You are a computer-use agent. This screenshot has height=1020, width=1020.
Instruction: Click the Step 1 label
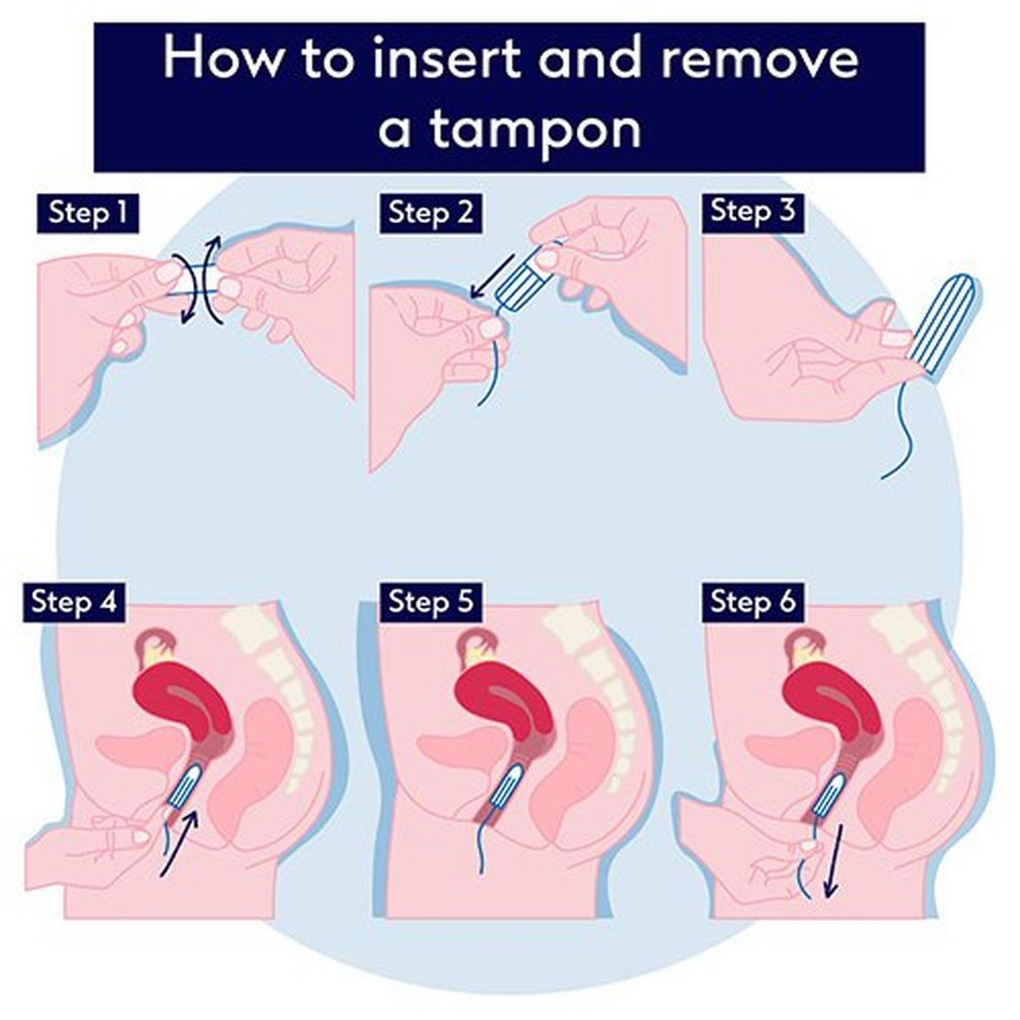click(88, 212)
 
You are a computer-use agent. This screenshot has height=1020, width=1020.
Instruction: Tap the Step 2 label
click(430, 212)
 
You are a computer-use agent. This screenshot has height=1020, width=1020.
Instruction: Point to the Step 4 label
click(73, 601)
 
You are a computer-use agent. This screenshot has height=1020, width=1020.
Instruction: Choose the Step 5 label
click(430, 601)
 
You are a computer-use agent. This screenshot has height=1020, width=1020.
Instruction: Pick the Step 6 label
click(753, 601)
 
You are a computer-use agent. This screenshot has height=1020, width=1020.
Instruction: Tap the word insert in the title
click(447, 58)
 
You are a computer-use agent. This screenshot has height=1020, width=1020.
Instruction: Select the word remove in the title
click(759, 60)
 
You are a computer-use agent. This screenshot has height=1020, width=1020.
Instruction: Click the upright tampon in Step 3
click(942, 324)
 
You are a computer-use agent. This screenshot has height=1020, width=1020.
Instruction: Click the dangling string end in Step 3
click(884, 477)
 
